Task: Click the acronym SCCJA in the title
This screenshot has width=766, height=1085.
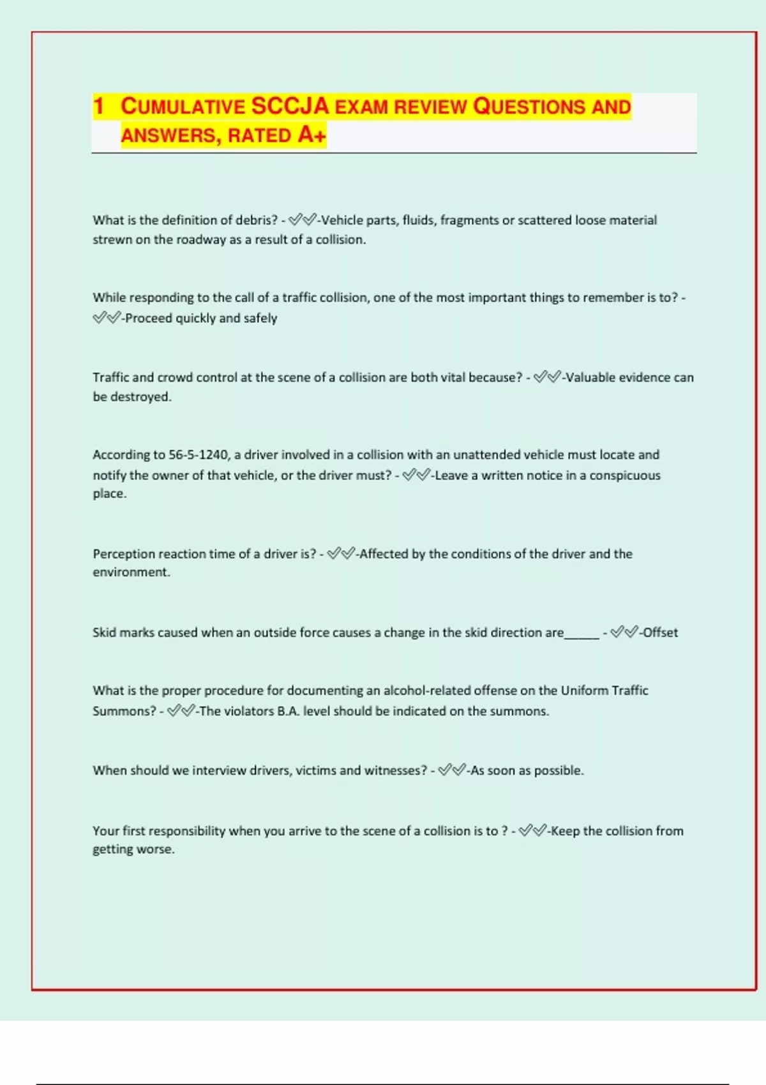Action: (x=290, y=106)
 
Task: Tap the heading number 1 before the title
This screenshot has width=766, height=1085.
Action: (x=98, y=106)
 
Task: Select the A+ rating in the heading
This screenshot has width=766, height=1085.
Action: (x=312, y=135)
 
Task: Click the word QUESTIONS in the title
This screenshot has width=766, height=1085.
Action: (x=529, y=106)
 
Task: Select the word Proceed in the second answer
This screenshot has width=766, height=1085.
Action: (x=149, y=318)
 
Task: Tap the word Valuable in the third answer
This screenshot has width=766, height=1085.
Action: (x=591, y=377)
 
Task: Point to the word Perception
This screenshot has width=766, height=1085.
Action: (x=124, y=554)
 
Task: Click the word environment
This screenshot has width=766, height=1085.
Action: (x=130, y=572)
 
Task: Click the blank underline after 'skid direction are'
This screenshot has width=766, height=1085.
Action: (x=582, y=634)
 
